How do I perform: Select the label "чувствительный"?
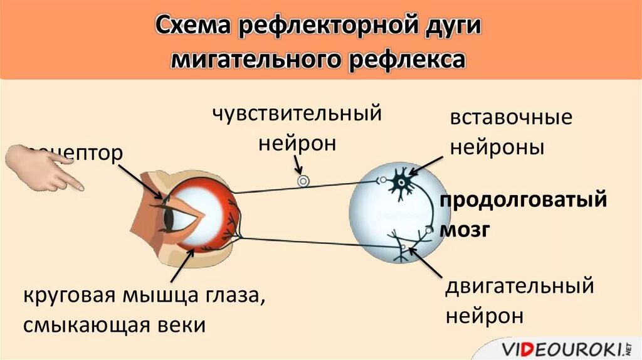(297, 114)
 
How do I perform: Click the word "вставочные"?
(511, 117)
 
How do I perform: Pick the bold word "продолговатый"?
(523, 202)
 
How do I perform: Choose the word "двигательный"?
(519, 287)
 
